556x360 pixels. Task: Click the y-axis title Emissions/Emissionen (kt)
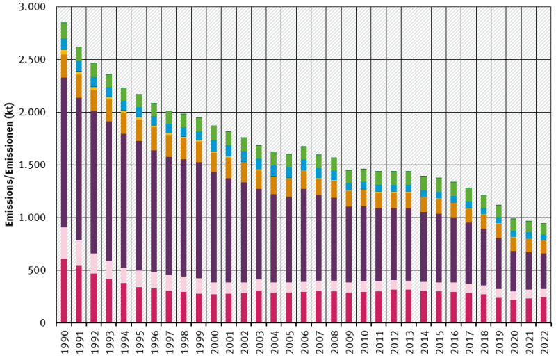(x=10, y=165)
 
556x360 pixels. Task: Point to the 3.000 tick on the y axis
(x=31, y=7)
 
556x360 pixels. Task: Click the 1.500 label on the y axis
(x=31, y=165)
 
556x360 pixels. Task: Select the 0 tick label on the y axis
(x=42, y=323)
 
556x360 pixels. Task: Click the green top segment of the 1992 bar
(x=94, y=69)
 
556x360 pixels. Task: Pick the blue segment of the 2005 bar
(x=288, y=172)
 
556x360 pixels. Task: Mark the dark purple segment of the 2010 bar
(x=363, y=243)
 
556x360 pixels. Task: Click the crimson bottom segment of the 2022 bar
(x=543, y=310)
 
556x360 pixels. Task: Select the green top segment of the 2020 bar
(x=514, y=224)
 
